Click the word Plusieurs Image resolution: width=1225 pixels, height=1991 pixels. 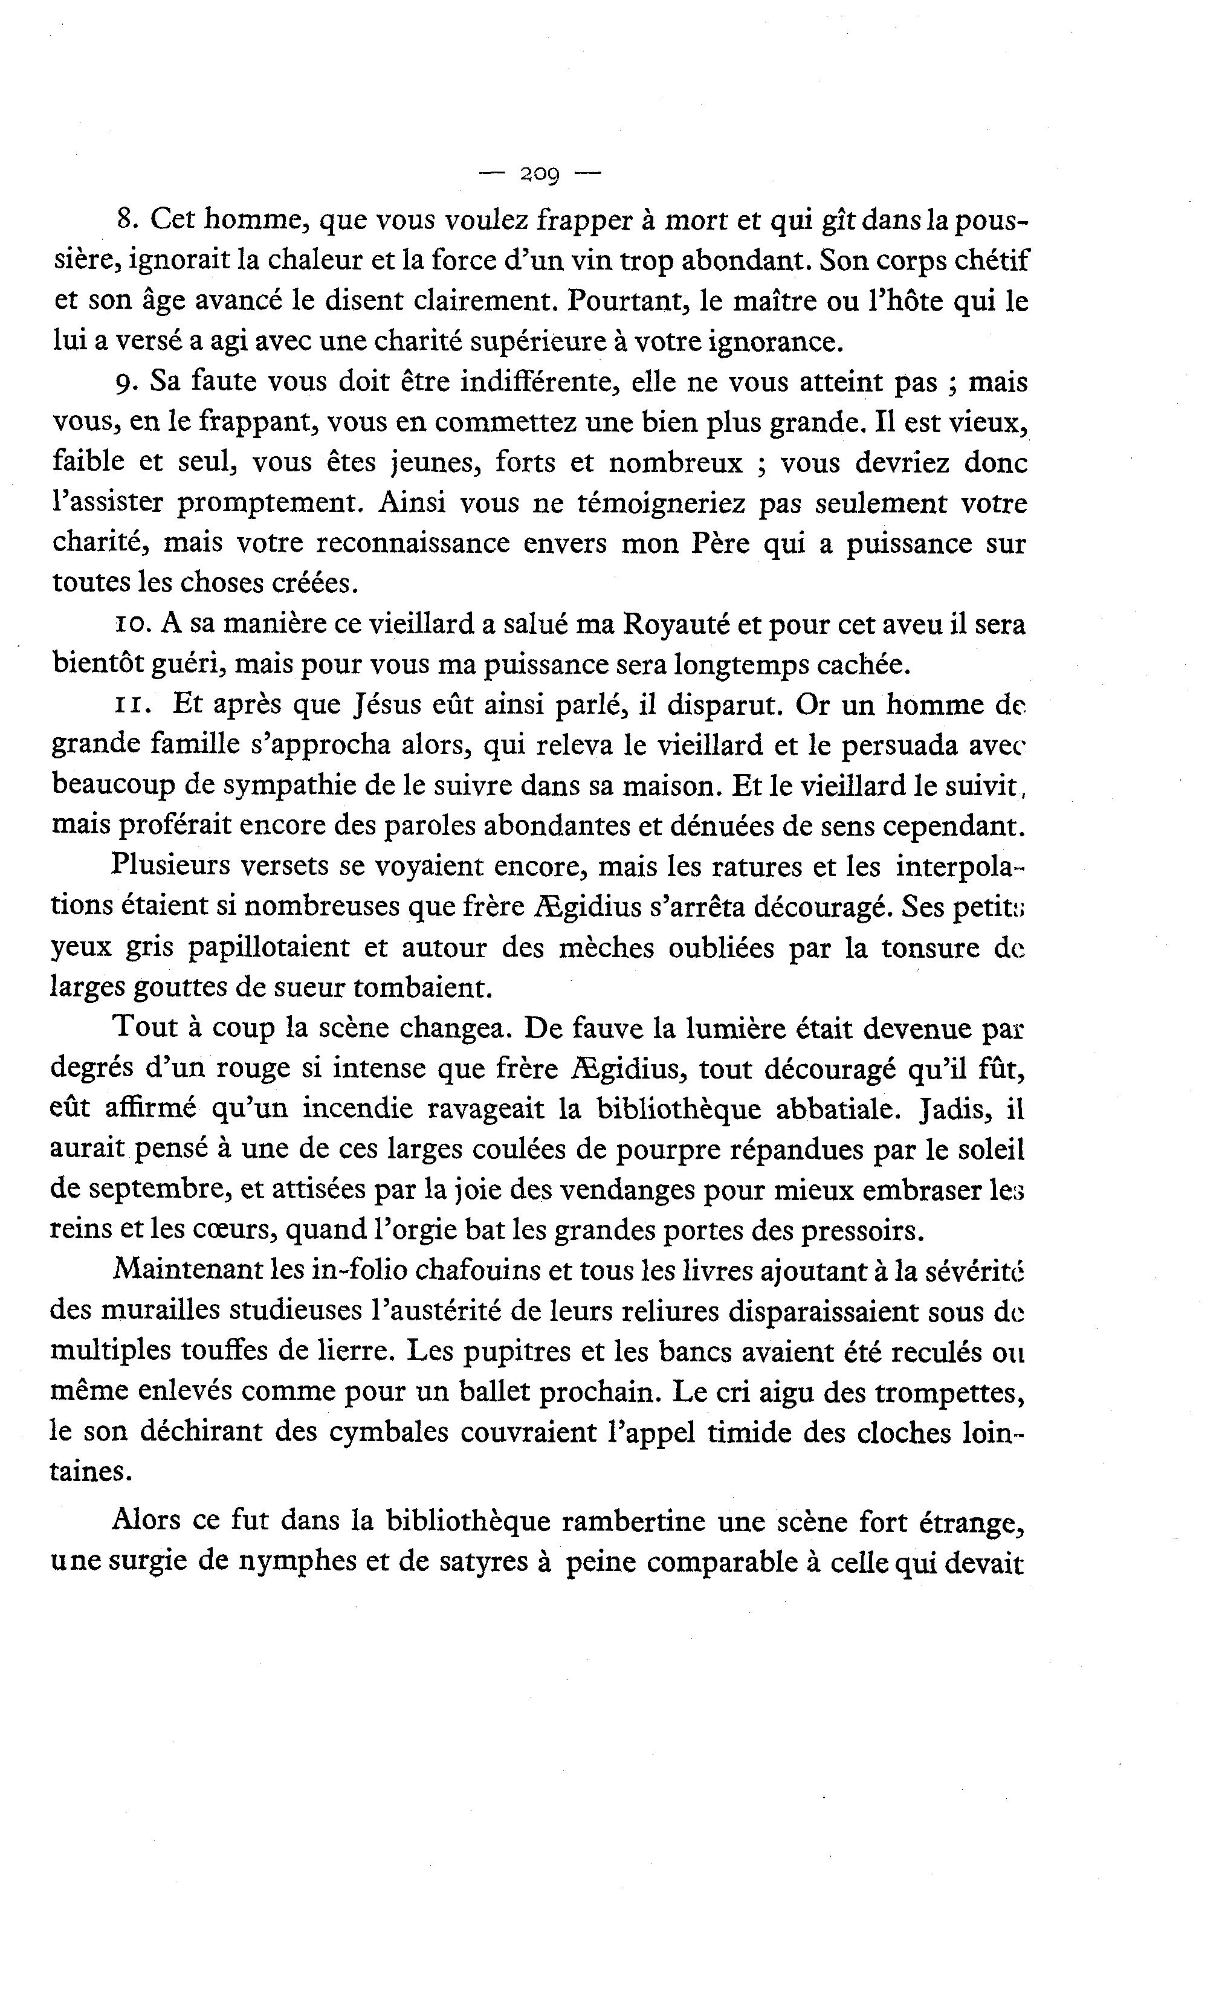pos(173,866)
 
